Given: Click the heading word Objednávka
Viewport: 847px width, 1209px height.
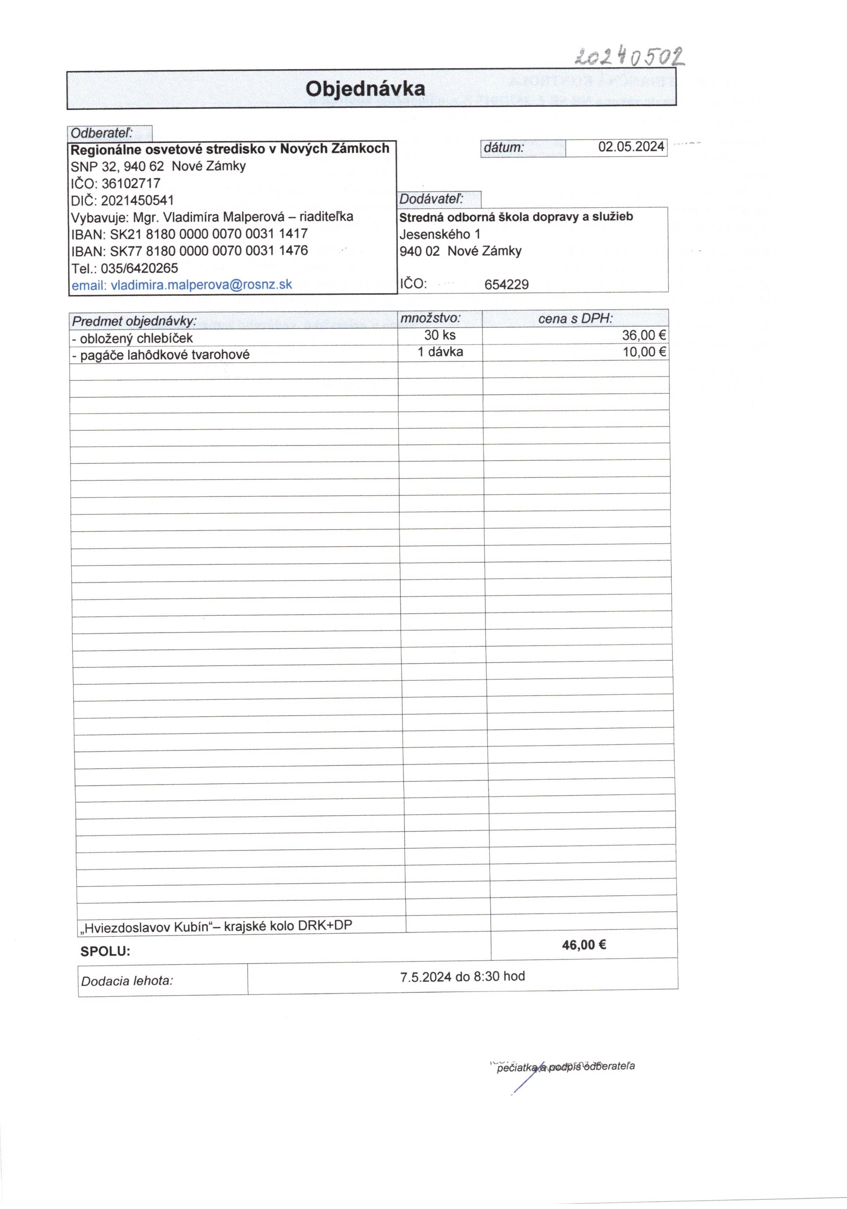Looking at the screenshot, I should [x=365, y=88].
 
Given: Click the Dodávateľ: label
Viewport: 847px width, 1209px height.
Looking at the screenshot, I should [x=431, y=199].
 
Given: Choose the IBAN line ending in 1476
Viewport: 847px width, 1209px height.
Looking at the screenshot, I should [x=189, y=251].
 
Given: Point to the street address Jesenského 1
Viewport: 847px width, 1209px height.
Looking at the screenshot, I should [x=439, y=234].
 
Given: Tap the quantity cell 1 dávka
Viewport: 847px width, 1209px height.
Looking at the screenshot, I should [x=440, y=352].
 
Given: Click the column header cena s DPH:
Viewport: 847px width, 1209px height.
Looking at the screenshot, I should [x=575, y=319].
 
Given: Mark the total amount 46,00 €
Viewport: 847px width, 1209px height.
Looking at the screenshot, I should [x=583, y=945].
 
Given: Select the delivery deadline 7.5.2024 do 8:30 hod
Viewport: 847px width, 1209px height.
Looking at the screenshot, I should [x=462, y=977].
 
